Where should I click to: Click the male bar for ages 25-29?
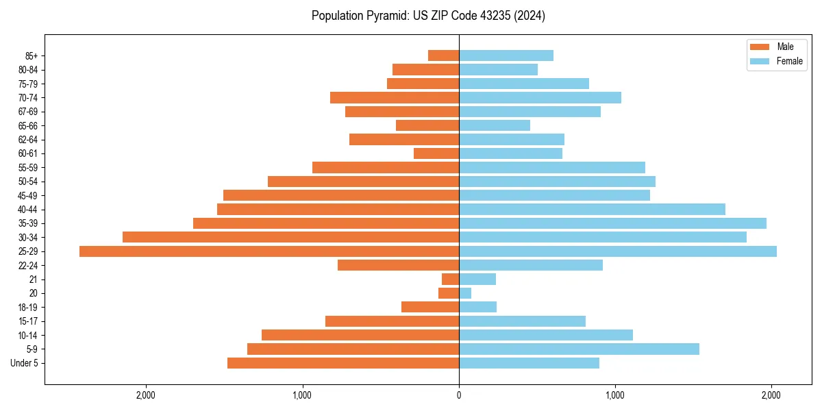pos(269,251)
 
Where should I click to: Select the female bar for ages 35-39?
pos(612,223)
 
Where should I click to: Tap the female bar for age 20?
pos(465,293)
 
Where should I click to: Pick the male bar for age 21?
pos(451,279)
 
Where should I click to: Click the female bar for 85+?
pos(506,55)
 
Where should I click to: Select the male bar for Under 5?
pos(343,363)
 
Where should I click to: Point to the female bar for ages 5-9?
pos(579,349)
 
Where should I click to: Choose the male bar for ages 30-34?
pos(290,237)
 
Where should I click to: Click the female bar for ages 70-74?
pos(540,98)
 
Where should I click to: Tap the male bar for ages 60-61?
pos(436,153)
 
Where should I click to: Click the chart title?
pos(428,16)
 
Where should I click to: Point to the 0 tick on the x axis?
pos(459,395)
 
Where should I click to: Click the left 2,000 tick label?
pos(146,395)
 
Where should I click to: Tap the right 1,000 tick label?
pos(615,395)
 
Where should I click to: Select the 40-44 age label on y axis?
pos(28,210)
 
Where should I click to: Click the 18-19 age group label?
pos(28,308)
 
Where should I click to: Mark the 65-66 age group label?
pos(28,126)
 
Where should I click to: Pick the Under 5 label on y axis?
pos(25,363)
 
